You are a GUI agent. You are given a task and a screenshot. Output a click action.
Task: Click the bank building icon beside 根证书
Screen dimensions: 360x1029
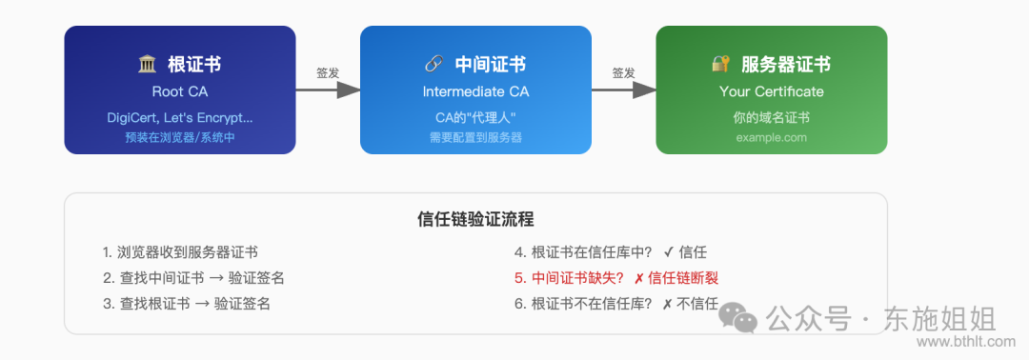[148, 65]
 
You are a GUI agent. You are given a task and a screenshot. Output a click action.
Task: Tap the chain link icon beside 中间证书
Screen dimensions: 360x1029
[434, 65]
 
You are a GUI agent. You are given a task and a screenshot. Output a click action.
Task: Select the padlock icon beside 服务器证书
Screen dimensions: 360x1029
[721, 65]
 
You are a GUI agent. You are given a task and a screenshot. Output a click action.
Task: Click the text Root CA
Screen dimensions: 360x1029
[180, 92]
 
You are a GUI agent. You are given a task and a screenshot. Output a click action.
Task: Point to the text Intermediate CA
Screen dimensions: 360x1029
[475, 92]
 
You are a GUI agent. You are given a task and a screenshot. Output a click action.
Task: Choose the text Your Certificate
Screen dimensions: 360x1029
[772, 92]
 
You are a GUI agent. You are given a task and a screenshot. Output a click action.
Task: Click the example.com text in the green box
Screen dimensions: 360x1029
[772, 137]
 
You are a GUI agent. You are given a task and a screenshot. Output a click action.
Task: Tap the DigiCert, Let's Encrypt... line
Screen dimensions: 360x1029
[180, 118]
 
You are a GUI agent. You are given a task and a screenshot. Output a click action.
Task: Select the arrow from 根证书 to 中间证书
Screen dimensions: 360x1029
[328, 90]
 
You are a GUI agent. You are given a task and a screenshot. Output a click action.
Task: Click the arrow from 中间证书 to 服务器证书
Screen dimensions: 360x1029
[624, 90]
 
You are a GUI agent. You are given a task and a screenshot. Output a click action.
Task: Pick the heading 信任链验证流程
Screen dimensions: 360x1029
[475, 219]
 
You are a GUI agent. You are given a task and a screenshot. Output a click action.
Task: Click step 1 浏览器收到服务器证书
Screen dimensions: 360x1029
[180, 252]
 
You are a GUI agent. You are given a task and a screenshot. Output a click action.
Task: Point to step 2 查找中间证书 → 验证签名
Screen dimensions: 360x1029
[193, 278]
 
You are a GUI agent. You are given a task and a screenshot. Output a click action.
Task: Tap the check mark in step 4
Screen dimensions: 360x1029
[669, 252]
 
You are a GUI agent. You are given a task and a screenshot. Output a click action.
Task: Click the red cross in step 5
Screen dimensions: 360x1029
[637, 278]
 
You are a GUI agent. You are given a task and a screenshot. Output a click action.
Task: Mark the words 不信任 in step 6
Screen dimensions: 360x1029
[698, 304]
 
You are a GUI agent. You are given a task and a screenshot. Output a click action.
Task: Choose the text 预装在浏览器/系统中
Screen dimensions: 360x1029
[180, 137]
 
